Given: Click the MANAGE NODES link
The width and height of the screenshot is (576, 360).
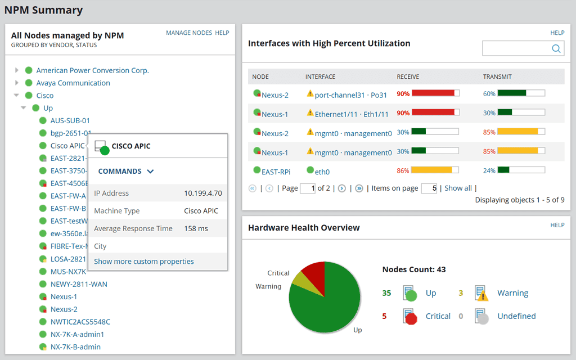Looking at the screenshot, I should [x=189, y=33].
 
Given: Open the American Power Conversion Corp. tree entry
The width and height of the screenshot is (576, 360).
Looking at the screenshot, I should [x=92, y=70].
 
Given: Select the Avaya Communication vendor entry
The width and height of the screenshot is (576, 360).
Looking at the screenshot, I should [x=73, y=83].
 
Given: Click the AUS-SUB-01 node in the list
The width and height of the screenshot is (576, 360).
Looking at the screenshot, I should [x=70, y=120].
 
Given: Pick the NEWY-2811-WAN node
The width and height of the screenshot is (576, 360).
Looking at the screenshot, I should [x=78, y=284].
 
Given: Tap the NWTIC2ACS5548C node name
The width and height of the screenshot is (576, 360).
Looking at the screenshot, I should [x=80, y=322].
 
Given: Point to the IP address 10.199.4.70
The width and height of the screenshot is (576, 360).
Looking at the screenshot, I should [x=203, y=193].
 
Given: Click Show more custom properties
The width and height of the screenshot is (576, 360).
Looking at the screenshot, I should [x=143, y=262].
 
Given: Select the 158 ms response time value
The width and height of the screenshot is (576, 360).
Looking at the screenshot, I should [x=196, y=228].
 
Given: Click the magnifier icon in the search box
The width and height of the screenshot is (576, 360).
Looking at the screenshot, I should [x=556, y=49].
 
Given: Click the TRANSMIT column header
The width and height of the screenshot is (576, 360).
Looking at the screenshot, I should [x=497, y=76].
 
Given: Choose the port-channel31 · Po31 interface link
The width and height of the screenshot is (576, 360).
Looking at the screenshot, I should [x=350, y=95].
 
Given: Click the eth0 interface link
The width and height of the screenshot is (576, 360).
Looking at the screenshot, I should [x=322, y=172].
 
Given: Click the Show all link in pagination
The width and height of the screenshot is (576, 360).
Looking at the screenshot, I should [x=458, y=188].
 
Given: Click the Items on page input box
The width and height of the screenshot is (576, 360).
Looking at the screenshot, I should [x=429, y=188].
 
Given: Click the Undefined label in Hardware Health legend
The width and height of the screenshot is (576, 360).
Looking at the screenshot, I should [x=516, y=316].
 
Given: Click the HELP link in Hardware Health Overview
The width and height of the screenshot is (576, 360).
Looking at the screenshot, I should [x=557, y=225].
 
